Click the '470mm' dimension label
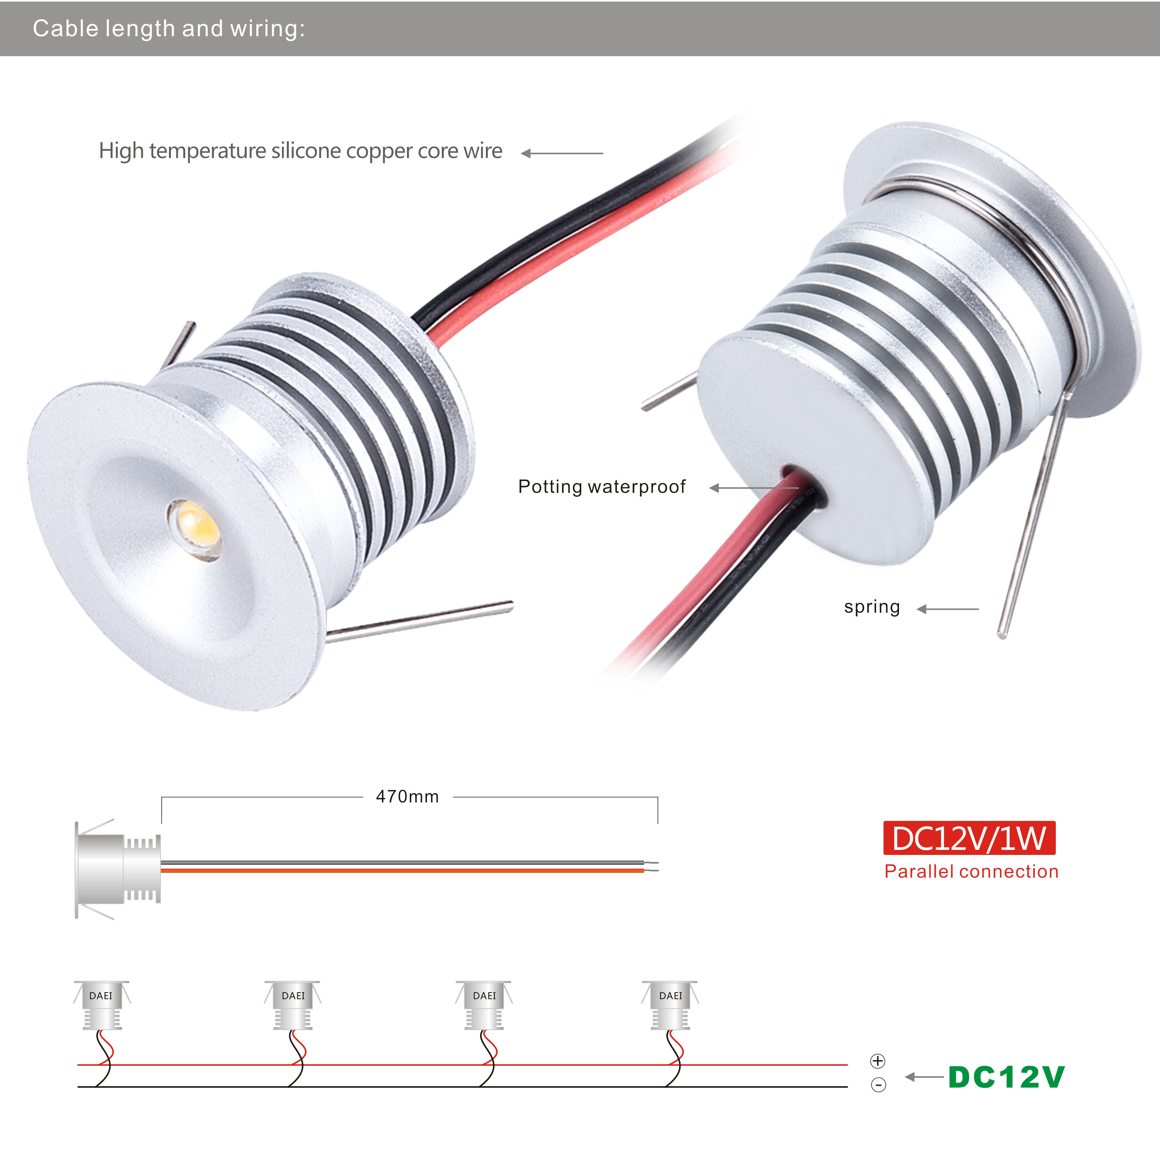pos(407,797)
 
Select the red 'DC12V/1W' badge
pos(969,838)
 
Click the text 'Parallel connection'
pos(971,871)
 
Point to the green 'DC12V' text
pos(1006,1077)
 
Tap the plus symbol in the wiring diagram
pos(877,1061)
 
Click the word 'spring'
pos(872,607)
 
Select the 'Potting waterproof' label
pos(602,486)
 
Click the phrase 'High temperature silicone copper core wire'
pos(300,151)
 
